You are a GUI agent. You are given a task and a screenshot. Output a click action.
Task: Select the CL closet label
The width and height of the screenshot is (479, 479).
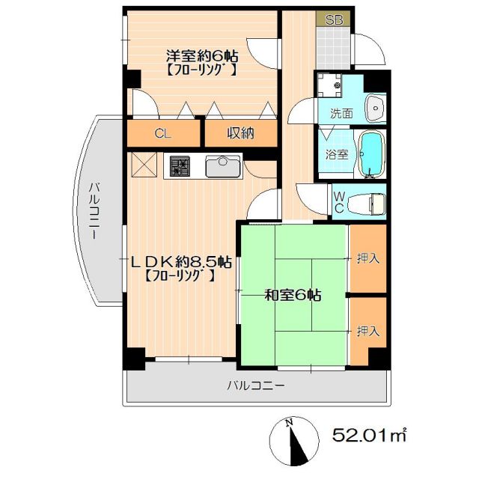click(162, 134)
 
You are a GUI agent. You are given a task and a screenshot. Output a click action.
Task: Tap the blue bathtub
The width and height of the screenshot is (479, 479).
click(370, 153)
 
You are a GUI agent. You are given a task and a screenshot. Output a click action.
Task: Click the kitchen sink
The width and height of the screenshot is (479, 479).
click(222, 165)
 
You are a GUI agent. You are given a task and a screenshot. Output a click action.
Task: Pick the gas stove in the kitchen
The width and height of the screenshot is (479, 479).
click(180, 165)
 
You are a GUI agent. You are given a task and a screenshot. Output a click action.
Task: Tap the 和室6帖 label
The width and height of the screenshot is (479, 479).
click(293, 295)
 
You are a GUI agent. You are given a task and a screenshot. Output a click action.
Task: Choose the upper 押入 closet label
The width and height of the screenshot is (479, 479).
click(367, 259)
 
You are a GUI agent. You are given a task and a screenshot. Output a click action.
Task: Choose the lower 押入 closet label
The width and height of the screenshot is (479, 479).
click(367, 330)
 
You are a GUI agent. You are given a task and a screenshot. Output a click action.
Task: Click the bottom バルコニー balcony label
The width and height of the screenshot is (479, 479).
click(256, 387)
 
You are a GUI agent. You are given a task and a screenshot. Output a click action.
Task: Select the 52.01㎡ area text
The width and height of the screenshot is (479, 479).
click(370, 434)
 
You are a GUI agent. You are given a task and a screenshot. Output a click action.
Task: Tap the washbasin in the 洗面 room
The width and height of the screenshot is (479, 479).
click(373, 109)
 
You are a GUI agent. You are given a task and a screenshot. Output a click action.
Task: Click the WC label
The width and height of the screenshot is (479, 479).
click(339, 202)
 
